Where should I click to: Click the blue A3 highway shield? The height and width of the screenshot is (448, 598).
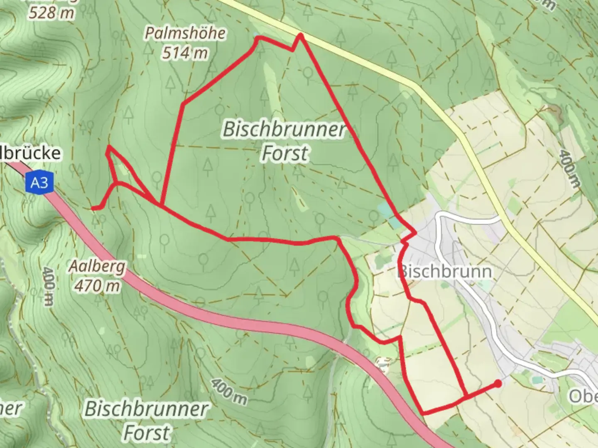pyautogui.click(x=39, y=183)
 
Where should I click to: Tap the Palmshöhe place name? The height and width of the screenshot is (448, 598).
pyautogui.click(x=185, y=33)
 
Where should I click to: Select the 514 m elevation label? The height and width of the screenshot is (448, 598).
pyautogui.click(x=185, y=53)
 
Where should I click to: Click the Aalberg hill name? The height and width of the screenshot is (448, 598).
pyautogui.click(x=97, y=266)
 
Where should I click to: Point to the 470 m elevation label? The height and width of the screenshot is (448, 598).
pyautogui.click(x=97, y=285)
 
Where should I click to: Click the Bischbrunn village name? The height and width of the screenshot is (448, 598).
pyautogui.click(x=445, y=272)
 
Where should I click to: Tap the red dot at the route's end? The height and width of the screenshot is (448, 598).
pyautogui.click(x=498, y=384)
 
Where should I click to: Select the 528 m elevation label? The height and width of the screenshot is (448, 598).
pyautogui.click(x=52, y=12)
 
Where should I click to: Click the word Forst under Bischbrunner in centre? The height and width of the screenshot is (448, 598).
pyautogui.click(x=285, y=153)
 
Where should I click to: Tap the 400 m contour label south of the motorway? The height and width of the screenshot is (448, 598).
pyautogui.click(x=228, y=392)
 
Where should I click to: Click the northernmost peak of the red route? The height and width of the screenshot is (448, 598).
pyautogui.click(x=300, y=36)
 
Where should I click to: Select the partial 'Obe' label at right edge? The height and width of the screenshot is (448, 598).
pyautogui.click(x=583, y=396)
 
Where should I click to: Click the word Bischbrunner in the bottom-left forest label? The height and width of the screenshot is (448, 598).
pyautogui.click(x=146, y=409)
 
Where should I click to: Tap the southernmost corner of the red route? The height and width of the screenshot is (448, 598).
pyautogui.click(x=423, y=413)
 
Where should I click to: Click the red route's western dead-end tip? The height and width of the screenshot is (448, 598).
pyautogui.click(x=93, y=208)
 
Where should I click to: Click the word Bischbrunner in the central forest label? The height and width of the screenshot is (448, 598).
pyautogui.click(x=284, y=129)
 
